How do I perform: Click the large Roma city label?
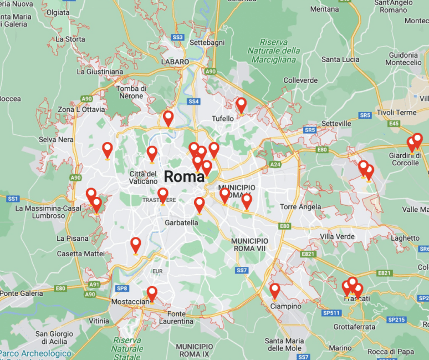click(x=185, y=177)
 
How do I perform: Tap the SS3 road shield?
click(x=178, y=37)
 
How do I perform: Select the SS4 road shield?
click(x=193, y=102)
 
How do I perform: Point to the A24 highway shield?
click(x=275, y=164)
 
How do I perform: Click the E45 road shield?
click(x=394, y=124)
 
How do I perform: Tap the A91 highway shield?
click(x=95, y=285)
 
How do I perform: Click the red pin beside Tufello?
click(x=241, y=105)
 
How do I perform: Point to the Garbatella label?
click(x=181, y=222)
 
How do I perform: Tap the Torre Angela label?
click(x=301, y=207)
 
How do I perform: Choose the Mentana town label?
click(x=324, y=9)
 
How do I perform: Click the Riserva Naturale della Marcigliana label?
click(x=280, y=50)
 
